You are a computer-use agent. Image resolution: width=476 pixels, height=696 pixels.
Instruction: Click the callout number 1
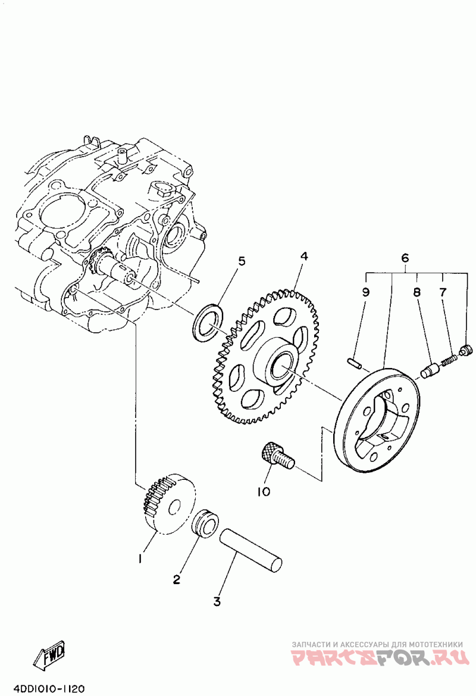click(x=140, y=558)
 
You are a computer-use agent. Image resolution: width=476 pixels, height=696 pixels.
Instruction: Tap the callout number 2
click(x=177, y=579)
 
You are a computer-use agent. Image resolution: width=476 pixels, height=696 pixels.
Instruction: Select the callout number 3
click(x=217, y=601)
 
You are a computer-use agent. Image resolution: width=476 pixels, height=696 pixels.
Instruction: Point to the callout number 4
click(x=304, y=257)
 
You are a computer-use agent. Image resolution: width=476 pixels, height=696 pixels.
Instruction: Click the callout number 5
click(x=242, y=261)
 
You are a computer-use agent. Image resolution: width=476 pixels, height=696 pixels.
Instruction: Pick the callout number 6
click(x=405, y=258)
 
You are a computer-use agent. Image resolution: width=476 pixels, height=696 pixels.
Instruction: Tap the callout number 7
click(x=443, y=292)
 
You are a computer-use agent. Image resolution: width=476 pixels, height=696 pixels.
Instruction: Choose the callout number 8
click(x=417, y=292)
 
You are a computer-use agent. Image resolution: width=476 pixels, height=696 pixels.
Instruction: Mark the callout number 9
click(x=365, y=292)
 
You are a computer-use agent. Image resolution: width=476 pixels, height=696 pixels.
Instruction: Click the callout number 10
click(x=264, y=491)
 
